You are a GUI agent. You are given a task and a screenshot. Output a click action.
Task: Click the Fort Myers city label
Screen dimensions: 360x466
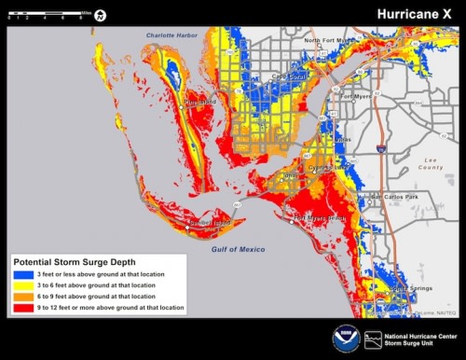pos(356,94)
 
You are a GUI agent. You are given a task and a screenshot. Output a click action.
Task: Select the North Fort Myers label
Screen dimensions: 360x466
pos(330,41)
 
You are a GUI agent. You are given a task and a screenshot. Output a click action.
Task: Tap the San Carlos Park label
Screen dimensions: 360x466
pos(394,197)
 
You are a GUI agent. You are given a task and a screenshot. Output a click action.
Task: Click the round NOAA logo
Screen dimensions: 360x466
pos(345,338)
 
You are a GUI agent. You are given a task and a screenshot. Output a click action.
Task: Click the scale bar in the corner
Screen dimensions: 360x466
pos(47,14)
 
